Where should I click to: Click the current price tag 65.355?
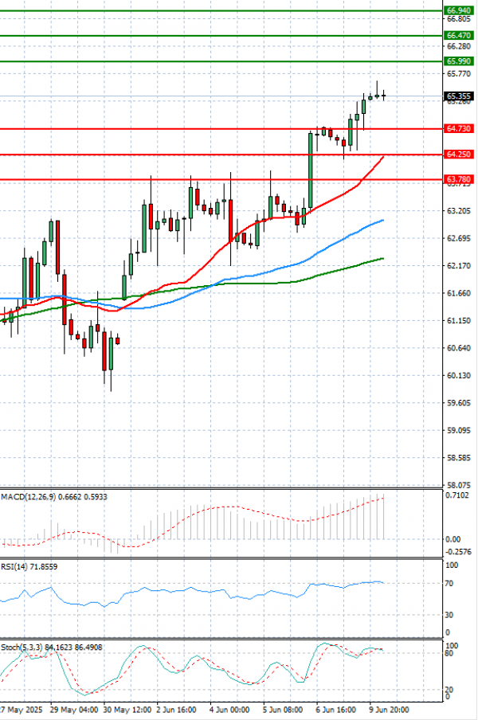coord(457,96)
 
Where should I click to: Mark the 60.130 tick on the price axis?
coord(457,375)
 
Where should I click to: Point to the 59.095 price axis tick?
coord(457,430)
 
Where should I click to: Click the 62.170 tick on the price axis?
coord(457,265)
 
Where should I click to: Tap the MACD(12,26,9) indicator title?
coord(54,497)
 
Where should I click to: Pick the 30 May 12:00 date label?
coord(125,707)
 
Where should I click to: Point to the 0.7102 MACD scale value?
coord(457,495)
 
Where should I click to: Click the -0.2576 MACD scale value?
coord(457,551)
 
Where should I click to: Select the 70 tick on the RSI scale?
coord(449,584)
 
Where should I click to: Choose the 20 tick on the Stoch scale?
coord(449,690)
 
